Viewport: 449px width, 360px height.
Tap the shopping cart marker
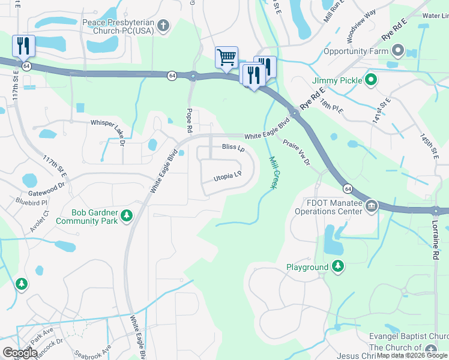(x=227, y=58)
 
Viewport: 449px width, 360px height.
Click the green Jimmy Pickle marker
(x=372, y=80)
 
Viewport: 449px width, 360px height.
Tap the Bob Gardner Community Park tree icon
(x=126, y=215)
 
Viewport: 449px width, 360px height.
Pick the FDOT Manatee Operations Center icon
(x=372, y=206)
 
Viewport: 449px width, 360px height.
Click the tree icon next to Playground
(x=339, y=266)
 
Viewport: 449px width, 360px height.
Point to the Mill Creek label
(x=273, y=173)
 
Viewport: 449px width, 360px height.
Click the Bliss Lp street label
(x=234, y=147)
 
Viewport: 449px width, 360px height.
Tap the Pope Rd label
(x=190, y=120)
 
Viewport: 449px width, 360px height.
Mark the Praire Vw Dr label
(x=297, y=152)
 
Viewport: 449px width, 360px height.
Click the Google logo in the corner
(x=20, y=353)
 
